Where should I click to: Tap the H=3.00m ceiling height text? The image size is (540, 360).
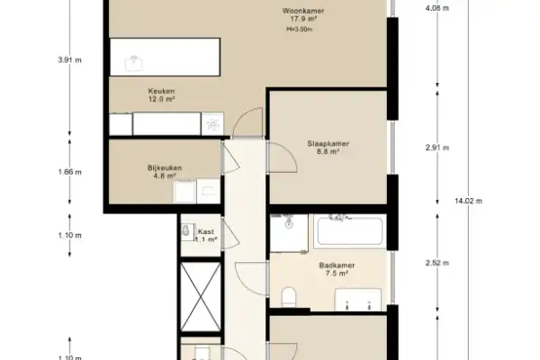click(x=300, y=29)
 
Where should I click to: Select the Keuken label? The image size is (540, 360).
click(x=161, y=92)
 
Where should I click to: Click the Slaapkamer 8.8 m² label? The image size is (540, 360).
click(x=328, y=147)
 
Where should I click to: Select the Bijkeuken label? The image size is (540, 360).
click(x=166, y=171)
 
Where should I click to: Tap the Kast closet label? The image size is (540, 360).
click(x=206, y=235)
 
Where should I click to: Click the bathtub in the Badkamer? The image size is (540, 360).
click(x=350, y=230)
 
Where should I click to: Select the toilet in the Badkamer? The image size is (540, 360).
click(x=289, y=297)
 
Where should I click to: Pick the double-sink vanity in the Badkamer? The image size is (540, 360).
click(x=359, y=301)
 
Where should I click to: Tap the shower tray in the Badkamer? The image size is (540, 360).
click(x=288, y=232)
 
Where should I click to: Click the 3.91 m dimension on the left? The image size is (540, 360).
click(x=69, y=60)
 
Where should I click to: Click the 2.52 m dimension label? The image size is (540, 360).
click(x=436, y=263)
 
